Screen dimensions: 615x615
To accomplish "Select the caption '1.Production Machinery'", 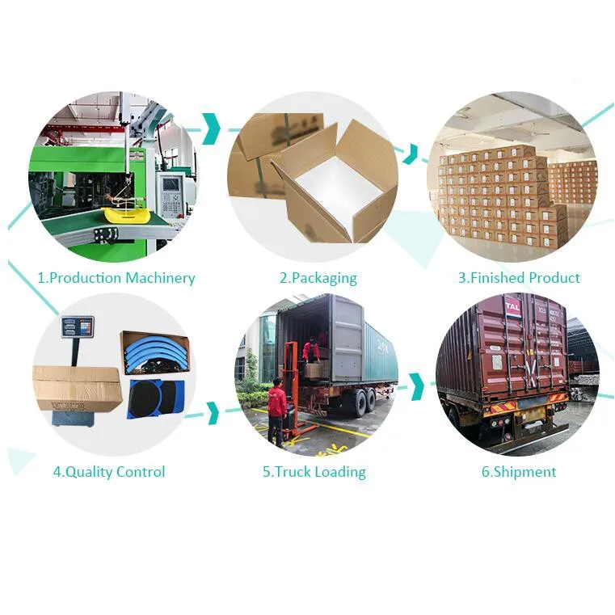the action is pyautogui.click(x=116, y=278).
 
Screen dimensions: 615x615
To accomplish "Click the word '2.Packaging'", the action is pyautogui.click(x=318, y=278).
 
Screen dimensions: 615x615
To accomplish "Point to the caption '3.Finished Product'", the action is pyautogui.click(x=519, y=278).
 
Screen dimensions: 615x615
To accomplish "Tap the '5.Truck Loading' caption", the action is pyautogui.click(x=314, y=472).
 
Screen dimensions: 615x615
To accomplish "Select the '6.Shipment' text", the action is pyautogui.click(x=519, y=472).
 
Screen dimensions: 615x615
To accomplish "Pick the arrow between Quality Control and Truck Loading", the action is pyautogui.click(x=213, y=413).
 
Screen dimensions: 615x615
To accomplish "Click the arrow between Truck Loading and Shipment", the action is pyautogui.click(x=417, y=386).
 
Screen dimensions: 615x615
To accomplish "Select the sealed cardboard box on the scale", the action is pyautogui.click(x=78, y=388).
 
